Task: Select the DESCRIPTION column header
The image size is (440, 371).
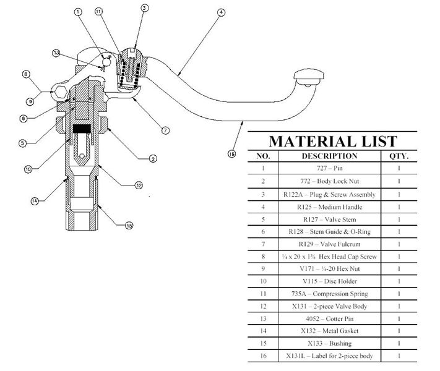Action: [x=329, y=156]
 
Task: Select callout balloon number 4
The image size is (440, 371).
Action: [x=220, y=12]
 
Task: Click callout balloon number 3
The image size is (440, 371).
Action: [x=144, y=8]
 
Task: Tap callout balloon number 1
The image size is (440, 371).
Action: [x=78, y=12]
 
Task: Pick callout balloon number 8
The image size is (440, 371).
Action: [x=25, y=75]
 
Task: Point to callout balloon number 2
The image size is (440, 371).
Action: [x=152, y=158]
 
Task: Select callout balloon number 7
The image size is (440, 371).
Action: [x=165, y=130]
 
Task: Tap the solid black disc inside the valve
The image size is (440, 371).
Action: [x=83, y=129]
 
